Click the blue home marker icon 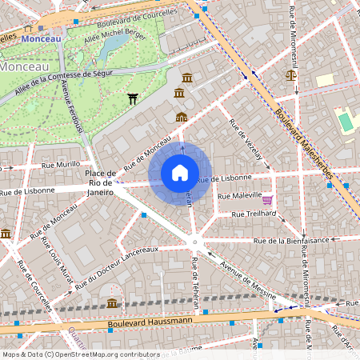click(x=180, y=173)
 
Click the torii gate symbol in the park click(x=133, y=98)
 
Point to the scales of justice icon click(x=290, y=75)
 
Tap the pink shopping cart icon click(x=267, y=200)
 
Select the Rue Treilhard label click(x=254, y=214)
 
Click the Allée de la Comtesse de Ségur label click(x=70, y=78)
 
